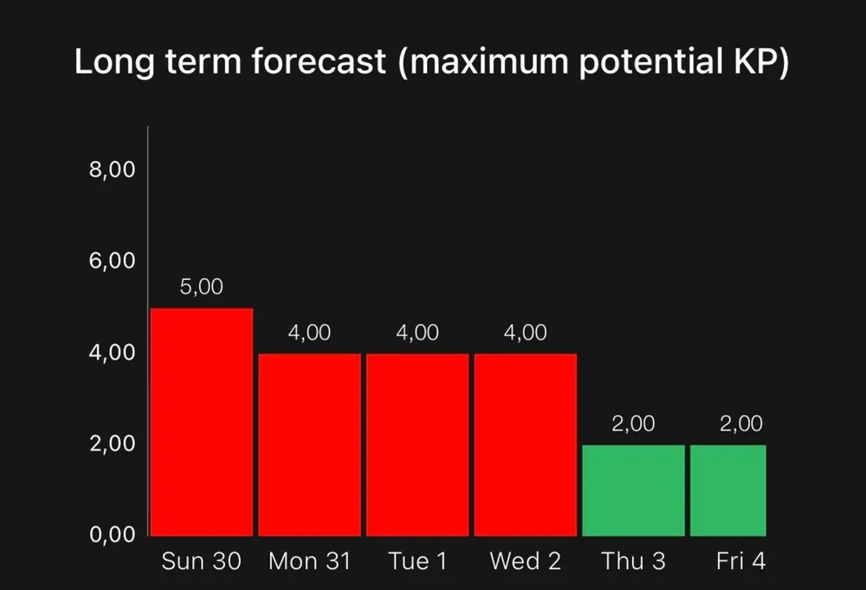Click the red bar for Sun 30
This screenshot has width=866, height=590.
pos(202,422)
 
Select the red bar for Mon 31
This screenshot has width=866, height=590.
pos(309,444)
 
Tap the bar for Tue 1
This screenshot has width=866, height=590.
pos(417,444)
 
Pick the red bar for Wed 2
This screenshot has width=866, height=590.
pos(526,444)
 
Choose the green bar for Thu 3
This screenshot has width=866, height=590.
pos(634,490)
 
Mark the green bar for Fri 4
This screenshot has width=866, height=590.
pos(728,490)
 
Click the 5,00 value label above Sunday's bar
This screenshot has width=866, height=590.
pos(202,287)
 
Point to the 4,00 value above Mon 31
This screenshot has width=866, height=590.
pos(309,333)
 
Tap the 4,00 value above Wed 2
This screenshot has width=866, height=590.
pos(526,333)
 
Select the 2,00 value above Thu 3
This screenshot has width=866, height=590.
pos(634,424)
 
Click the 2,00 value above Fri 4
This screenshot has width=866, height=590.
pos(741,424)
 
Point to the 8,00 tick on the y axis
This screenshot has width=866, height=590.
pos(112,170)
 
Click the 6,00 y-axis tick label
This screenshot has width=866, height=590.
pos(112,261)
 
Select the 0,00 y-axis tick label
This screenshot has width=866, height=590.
pos(112,535)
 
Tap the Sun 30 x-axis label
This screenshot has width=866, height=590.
pos(202,561)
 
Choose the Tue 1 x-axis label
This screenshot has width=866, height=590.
pos(417,561)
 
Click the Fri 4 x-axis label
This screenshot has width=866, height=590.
pos(741,561)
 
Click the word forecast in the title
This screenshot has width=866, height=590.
pos(319,61)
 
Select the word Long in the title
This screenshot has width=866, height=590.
pos(114,62)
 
